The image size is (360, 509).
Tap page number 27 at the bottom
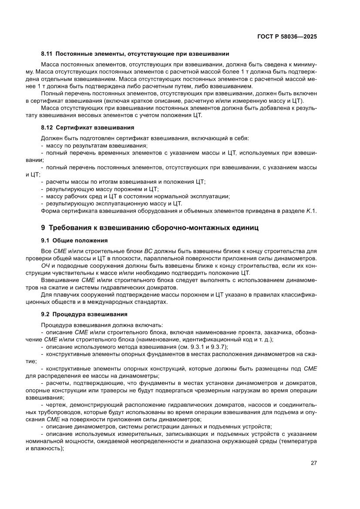[x=314, y=463]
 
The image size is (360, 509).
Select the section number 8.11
[x=47, y=54]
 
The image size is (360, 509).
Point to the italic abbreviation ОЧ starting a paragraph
[x=45, y=266]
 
